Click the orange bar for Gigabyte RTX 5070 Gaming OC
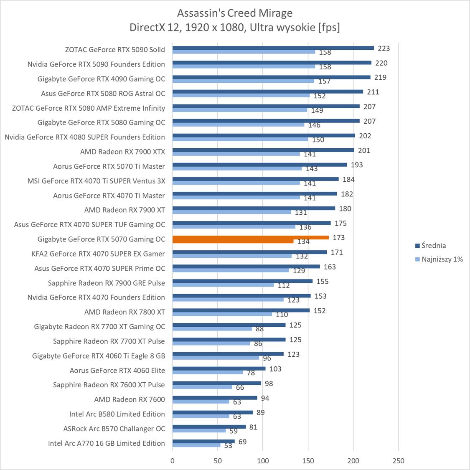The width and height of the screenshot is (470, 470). tap(251, 238)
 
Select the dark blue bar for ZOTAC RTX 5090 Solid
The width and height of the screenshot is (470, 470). tap(273, 48)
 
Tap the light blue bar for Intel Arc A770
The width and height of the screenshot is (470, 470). tap(196, 445)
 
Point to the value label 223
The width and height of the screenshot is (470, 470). tap(384, 48)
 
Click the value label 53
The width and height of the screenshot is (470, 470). tap(228, 446)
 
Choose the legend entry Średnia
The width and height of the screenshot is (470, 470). tap(433, 246)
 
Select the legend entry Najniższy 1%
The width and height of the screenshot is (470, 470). tap(442, 259)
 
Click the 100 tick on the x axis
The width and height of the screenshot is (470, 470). tap(263, 461)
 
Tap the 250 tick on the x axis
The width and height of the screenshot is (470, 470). tap(399, 461)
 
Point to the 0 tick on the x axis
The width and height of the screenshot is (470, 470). tap(173, 461)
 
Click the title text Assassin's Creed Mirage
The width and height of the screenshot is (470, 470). tap(234, 13)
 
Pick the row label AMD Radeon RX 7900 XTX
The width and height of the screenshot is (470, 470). tap(122, 152)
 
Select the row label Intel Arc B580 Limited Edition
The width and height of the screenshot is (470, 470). tap(117, 414)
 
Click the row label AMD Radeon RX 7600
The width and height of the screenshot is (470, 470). tap(130, 399)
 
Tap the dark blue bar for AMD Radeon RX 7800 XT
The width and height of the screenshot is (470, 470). tap(241, 310)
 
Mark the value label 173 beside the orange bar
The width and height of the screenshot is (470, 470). tap(339, 238)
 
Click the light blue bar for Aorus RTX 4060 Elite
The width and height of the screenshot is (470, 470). tap(208, 372)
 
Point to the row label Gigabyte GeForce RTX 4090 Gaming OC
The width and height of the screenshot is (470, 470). tap(101, 79)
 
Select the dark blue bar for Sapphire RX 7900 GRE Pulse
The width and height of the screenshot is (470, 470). tap(242, 281)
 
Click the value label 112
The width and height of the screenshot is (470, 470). tap(283, 285)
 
